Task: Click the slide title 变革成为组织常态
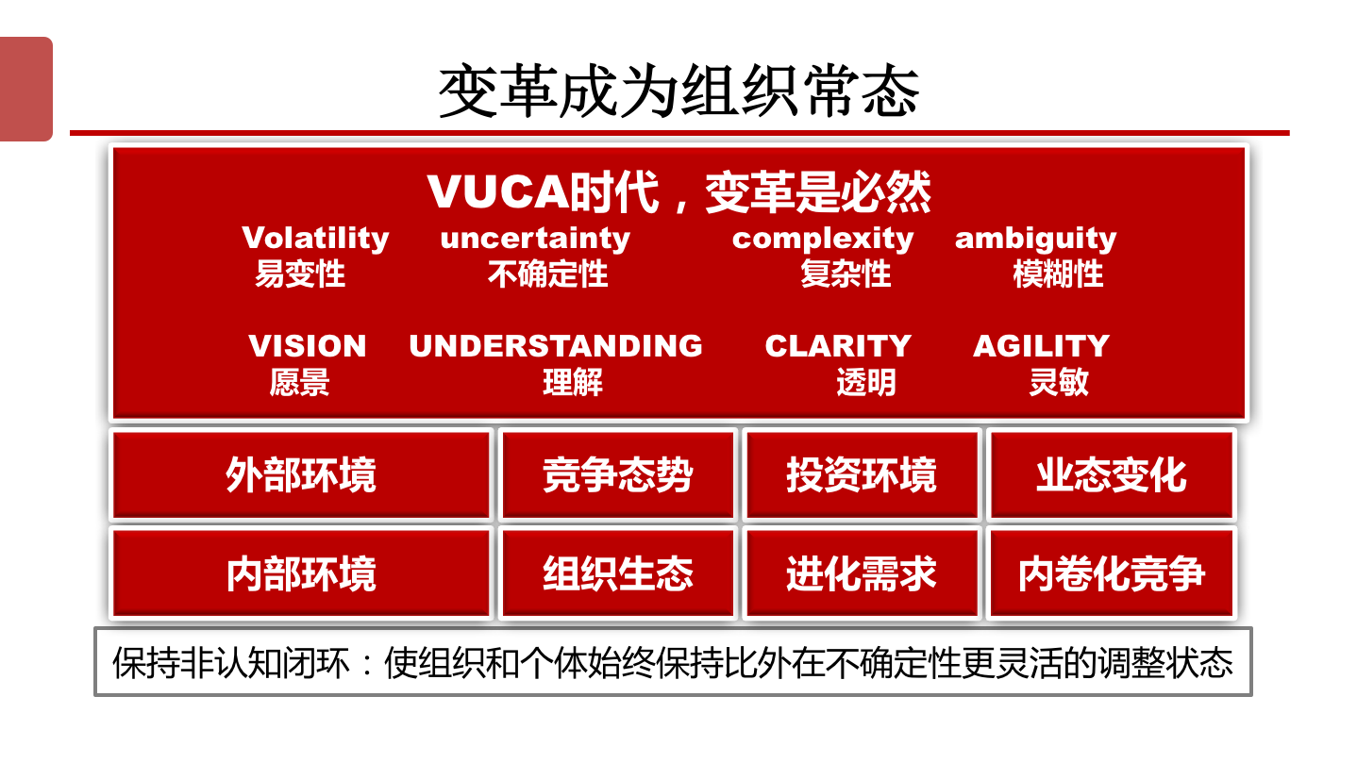point(678,91)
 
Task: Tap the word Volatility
point(315,238)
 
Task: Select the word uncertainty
point(535,238)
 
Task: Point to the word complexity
point(823,239)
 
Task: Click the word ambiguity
point(1035,239)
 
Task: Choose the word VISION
point(307,346)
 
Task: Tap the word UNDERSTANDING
point(556,346)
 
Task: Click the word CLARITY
point(838,346)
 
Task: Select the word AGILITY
point(1041,346)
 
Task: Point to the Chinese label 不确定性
point(547,274)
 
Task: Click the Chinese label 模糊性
point(1058,274)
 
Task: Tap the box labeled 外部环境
point(301,474)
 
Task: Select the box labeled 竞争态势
point(617,474)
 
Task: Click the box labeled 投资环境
point(862,474)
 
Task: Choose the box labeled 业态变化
point(1111,474)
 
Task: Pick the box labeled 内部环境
point(301,573)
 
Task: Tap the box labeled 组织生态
point(617,573)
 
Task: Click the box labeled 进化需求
point(862,573)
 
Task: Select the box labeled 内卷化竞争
point(1111,573)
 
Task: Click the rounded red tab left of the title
point(26,89)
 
